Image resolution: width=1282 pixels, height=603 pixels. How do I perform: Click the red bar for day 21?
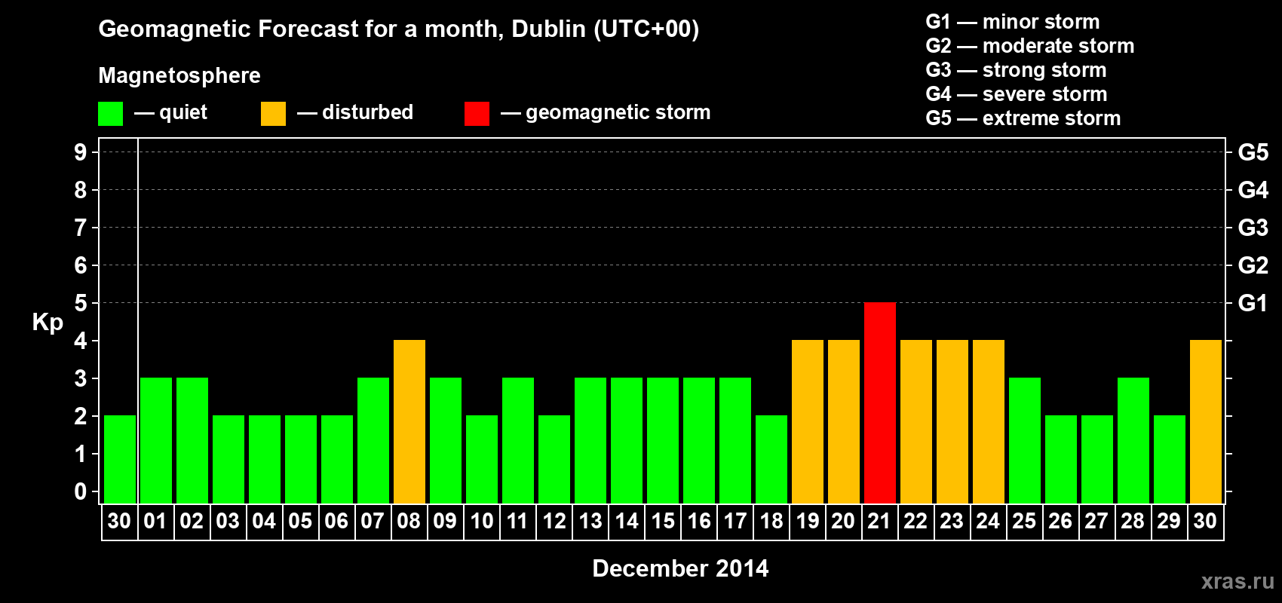click(x=879, y=403)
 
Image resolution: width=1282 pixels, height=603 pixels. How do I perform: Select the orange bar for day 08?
click(x=409, y=421)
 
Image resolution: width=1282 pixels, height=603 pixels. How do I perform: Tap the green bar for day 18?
click(x=771, y=459)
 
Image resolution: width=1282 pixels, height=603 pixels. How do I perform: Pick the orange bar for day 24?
click(x=988, y=421)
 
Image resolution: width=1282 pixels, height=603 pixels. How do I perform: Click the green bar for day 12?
click(x=554, y=459)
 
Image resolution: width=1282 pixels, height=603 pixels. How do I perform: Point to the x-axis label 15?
click(x=663, y=521)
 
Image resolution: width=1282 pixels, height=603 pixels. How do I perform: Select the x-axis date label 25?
click(x=1024, y=521)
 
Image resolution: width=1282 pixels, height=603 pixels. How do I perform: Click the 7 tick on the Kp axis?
click(x=81, y=228)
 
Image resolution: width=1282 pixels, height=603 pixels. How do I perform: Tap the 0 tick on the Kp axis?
click(x=81, y=492)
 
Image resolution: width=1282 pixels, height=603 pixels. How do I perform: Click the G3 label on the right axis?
click(x=1253, y=228)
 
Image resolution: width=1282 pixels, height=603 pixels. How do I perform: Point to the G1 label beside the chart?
click(x=1253, y=303)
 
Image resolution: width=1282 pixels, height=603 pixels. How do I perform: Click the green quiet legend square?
click(x=110, y=114)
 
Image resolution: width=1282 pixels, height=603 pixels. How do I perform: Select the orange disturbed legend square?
click(x=273, y=114)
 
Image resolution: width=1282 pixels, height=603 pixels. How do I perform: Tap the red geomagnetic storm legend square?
click(x=477, y=114)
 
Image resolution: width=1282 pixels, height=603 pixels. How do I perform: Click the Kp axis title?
click(x=48, y=322)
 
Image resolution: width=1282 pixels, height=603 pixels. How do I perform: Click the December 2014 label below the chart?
click(x=680, y=568)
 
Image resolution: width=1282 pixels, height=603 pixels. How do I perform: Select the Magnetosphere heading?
click(x=179, y=75)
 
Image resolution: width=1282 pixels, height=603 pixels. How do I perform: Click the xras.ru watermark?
click(x=1238, y=581)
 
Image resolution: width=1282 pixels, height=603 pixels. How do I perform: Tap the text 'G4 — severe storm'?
click(x=1016, y=94)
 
